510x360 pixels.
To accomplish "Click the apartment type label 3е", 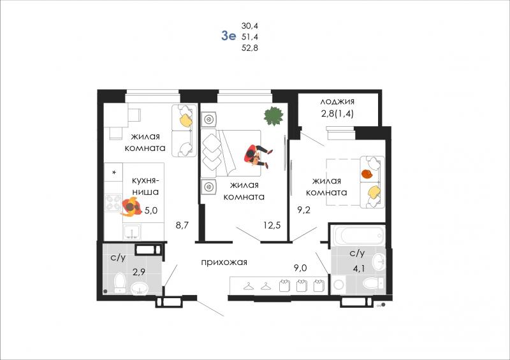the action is tap(228, 36).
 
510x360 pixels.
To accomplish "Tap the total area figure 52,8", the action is tap(250, 48).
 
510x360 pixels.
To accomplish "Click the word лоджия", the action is tap(337, 101).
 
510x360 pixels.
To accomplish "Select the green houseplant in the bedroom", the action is tap(273, 116).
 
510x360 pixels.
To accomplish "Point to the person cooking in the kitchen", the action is tap(131, 207).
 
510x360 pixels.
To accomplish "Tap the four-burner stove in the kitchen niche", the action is tap(113, 203).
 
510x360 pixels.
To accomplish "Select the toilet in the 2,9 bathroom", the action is tap(120, 283).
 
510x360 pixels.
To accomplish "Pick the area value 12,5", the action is tap(272, 225).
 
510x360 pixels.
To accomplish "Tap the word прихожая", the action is tap(224, 262).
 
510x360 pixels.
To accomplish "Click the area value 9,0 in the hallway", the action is tap(300, 268).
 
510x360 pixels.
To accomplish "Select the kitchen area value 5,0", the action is tap(150, 210).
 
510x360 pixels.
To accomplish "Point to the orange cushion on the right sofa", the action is tap(367, 174).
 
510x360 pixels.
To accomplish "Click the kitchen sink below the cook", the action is tap(132, 232).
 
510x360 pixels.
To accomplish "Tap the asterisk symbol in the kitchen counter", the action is tap(114, 173).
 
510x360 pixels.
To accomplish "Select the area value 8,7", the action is tap(182, 225).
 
